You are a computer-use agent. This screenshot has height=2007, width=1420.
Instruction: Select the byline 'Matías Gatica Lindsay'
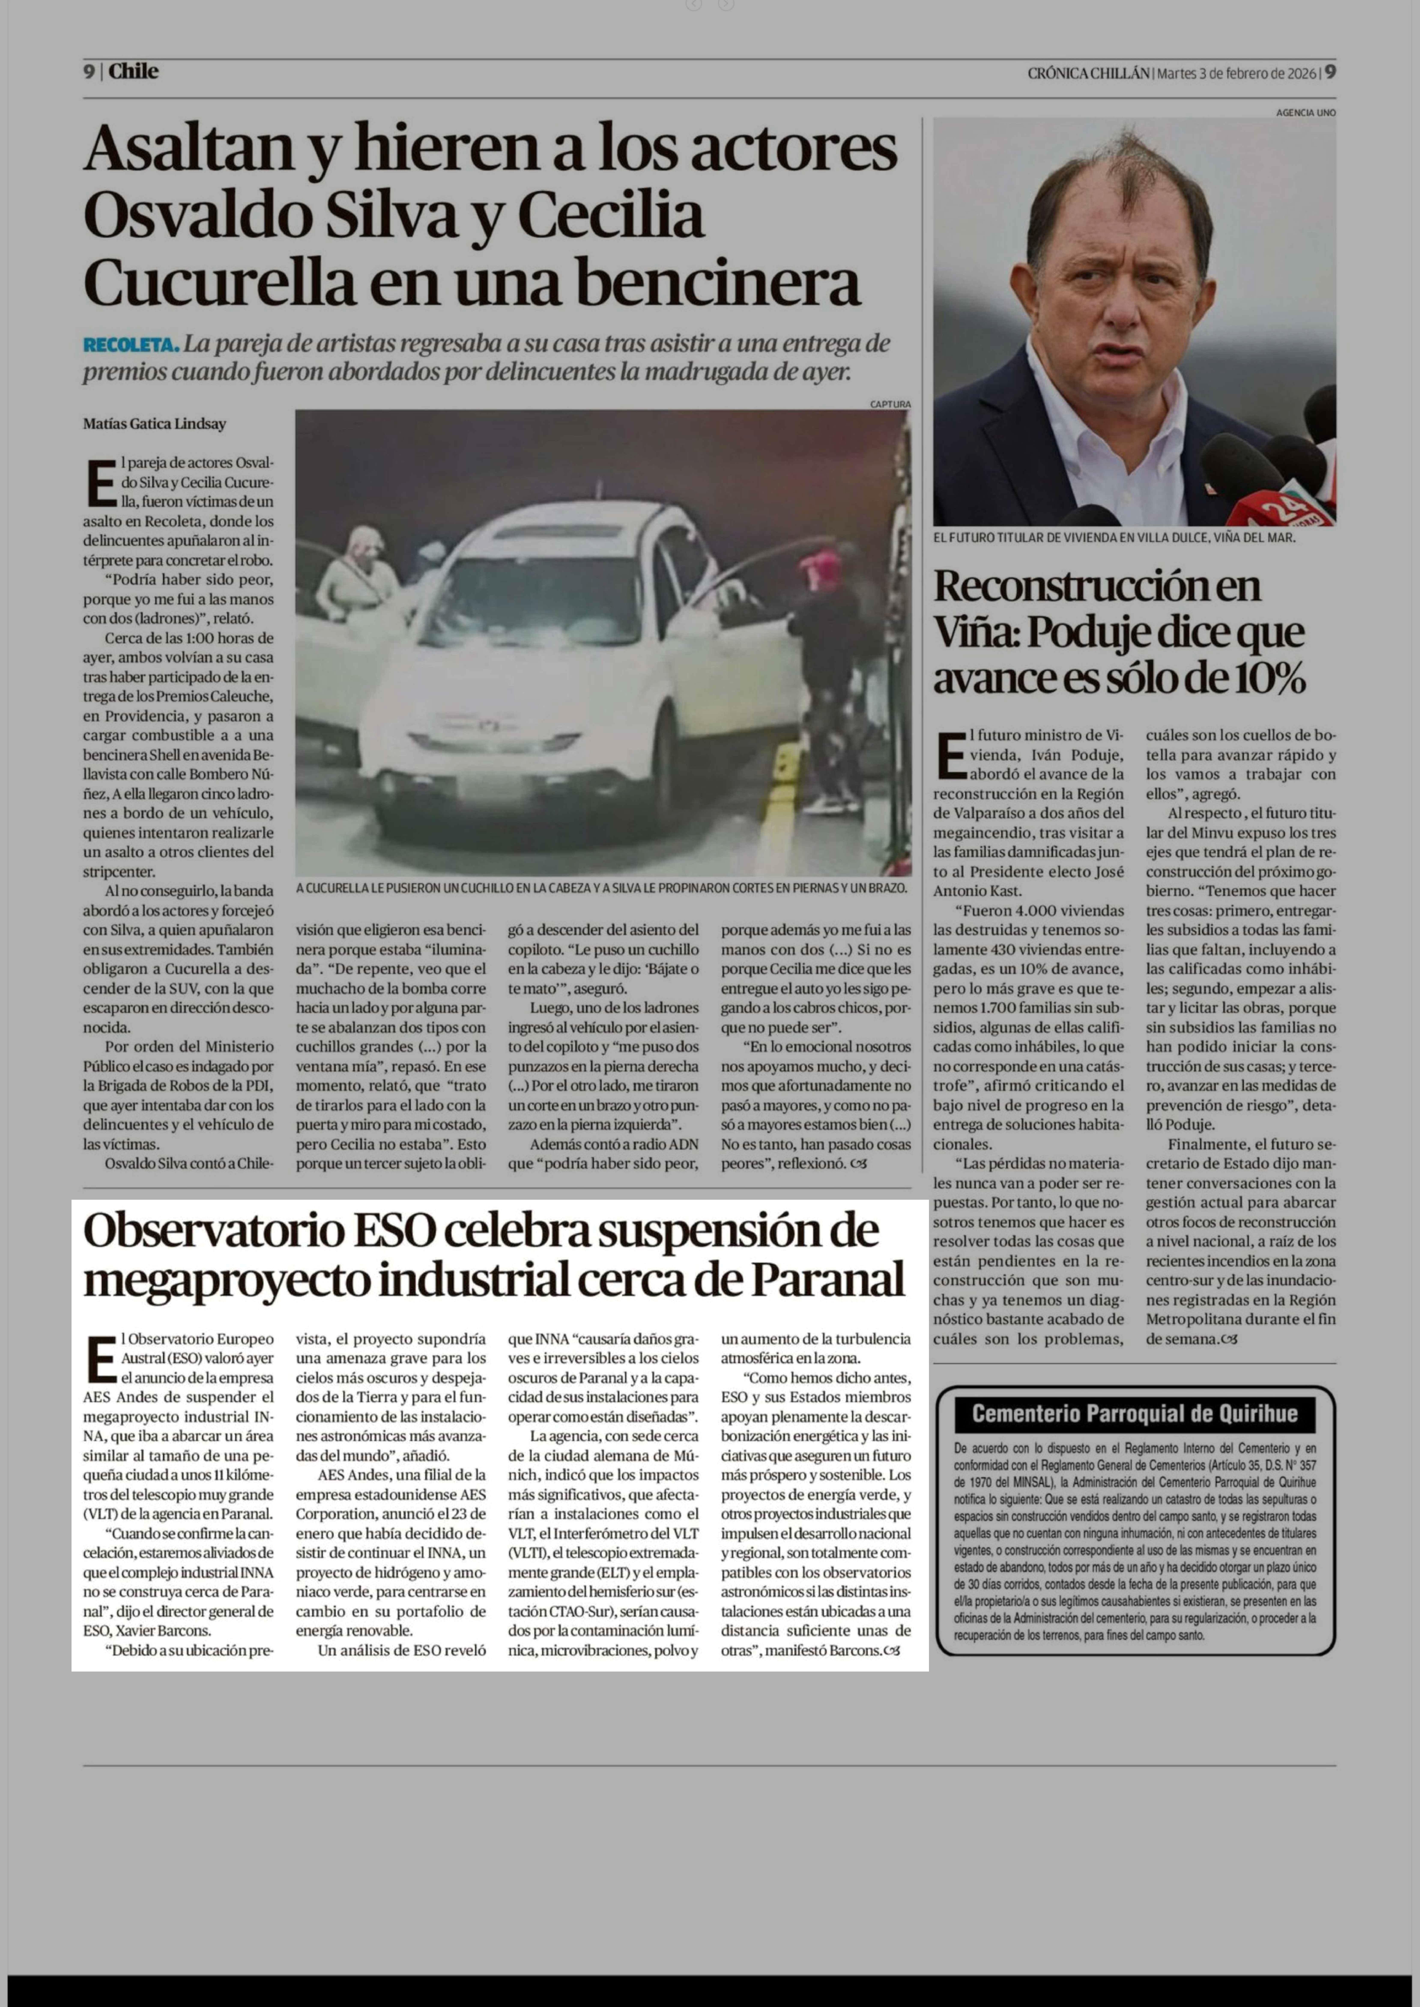pyautogui.click(x=155, y=424)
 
